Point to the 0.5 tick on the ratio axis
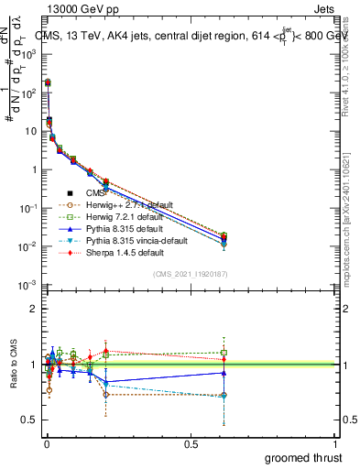click(29, 420)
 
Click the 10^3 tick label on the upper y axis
click(28, 54)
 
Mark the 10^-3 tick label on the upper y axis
click(28, 286)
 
